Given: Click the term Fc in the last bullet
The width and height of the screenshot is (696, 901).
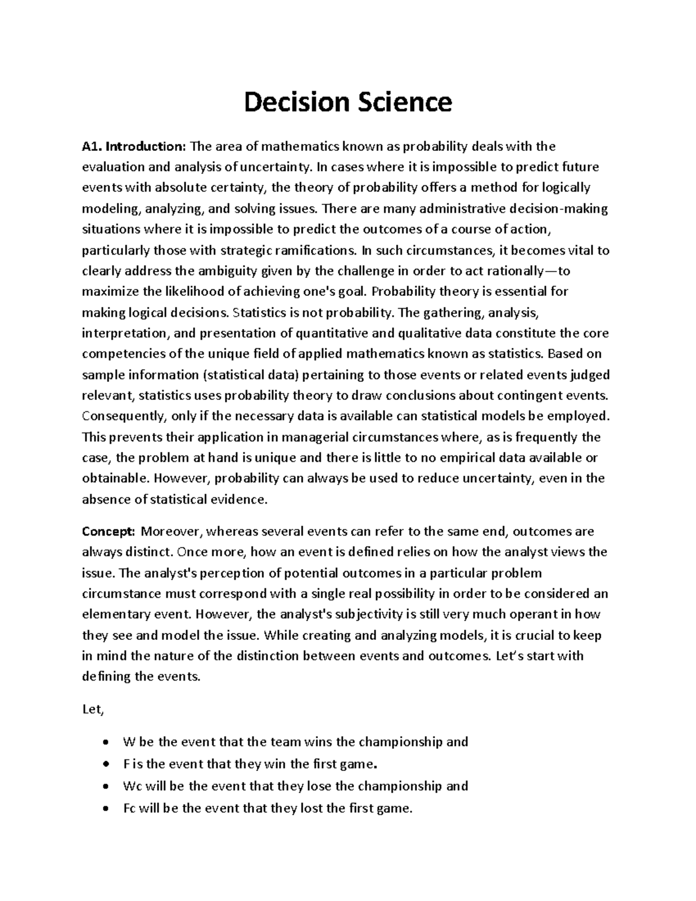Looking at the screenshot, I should click(129, 808).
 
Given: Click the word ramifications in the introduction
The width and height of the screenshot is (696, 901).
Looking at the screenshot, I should click(313, 251).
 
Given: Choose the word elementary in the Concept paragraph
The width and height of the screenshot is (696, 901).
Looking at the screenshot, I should click(113, 614).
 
